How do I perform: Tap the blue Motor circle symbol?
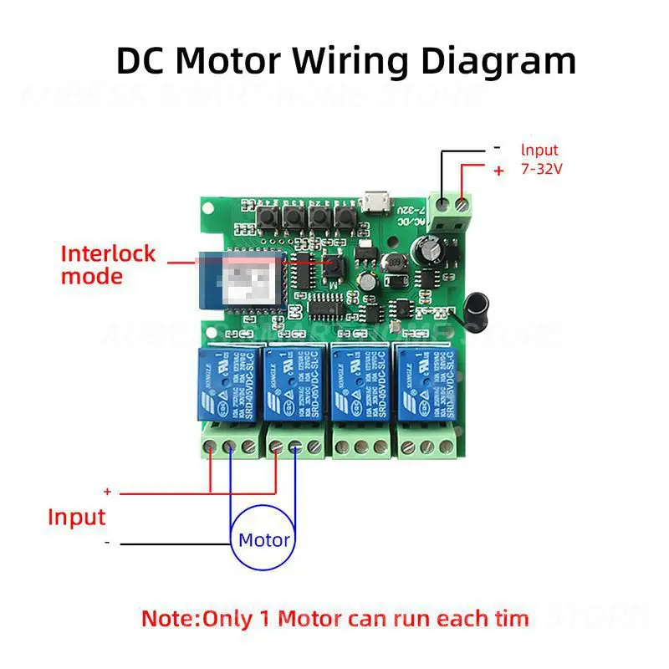[263, 539]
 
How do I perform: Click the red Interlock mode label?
[108, 264]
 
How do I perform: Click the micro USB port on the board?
[374, 203]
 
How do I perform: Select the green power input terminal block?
[451, 210]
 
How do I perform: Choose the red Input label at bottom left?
[77, 517]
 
